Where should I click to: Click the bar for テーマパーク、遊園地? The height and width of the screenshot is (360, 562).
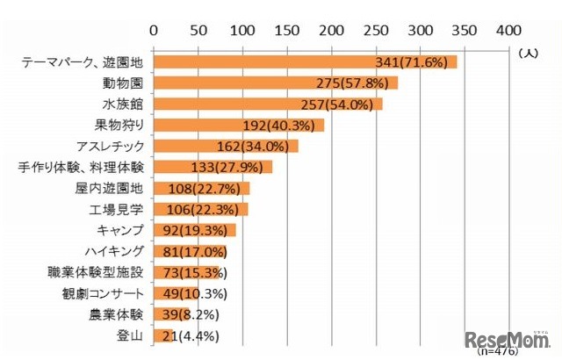click(x=263, y=62)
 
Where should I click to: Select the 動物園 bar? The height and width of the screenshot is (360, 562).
click(x=237, y=83)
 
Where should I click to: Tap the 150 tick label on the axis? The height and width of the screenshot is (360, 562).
click(x=288, y=31)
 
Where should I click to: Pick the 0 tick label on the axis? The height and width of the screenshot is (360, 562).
click(x=155, y=31)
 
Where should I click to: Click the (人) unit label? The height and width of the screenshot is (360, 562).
click(x=529, y=53)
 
